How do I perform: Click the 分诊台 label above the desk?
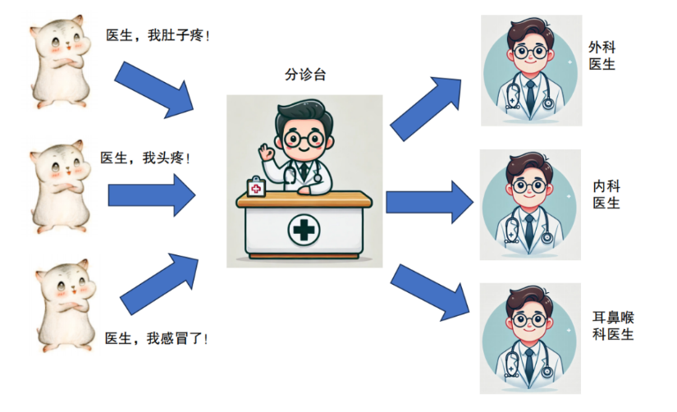pos(305,75)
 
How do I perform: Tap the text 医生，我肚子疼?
pos(158,35)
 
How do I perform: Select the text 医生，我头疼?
pos(145,158)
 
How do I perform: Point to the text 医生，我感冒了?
pos(156,338)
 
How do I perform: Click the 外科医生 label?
pos(602,56)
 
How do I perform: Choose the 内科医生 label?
pos(606,195)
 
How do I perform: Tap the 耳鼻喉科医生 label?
pos(613,326)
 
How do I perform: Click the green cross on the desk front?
pos(304,229)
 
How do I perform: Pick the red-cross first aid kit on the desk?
pos(256,187)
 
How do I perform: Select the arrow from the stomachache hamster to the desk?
pos(154,89)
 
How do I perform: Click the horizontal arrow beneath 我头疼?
pos(152,195)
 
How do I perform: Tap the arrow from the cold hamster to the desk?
pos(159,284)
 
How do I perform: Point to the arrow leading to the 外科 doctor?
pos(426,109)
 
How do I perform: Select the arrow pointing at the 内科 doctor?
pos(430,202)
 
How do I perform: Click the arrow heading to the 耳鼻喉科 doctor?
pos(430,293)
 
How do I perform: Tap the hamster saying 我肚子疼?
pos(60,62)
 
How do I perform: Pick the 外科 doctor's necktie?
pos(530,97)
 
